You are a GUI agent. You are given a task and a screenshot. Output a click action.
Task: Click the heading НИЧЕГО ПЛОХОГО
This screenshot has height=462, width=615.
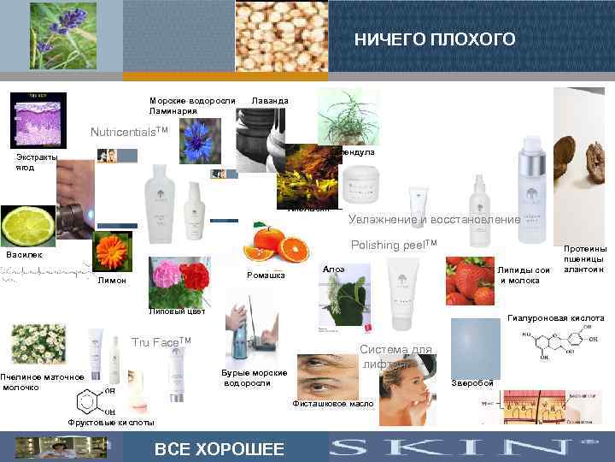click(435, 40)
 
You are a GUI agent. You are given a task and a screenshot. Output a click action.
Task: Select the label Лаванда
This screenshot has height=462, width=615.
click(270, 101)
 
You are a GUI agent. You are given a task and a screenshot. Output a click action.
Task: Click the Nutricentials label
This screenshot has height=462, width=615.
click(131, 133)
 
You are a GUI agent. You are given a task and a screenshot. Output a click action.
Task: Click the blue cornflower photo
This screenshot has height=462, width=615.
click(200, 140)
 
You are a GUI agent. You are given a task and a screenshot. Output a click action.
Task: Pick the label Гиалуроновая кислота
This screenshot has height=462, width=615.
click(555, 317)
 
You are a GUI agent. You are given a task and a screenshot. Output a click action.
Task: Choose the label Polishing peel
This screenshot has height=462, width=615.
click(394, 245)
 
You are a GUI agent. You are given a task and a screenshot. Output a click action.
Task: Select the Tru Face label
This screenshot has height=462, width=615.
click(161, 342)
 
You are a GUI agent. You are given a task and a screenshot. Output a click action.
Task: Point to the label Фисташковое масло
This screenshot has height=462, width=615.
click(333, 403)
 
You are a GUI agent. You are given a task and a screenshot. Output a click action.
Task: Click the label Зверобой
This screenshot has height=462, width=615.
click(471, 382)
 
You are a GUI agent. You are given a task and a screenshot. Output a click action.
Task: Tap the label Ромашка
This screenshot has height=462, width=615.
click(265, 275)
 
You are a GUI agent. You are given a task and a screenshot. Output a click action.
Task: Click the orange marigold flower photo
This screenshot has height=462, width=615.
click(113, 252)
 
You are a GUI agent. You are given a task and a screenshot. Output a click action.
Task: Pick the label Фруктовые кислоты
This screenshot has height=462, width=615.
click(111, 423)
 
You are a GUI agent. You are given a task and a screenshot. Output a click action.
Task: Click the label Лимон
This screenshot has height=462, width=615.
click(112, 280)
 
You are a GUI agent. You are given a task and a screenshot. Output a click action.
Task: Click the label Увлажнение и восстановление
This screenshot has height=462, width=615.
click(434, 219)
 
